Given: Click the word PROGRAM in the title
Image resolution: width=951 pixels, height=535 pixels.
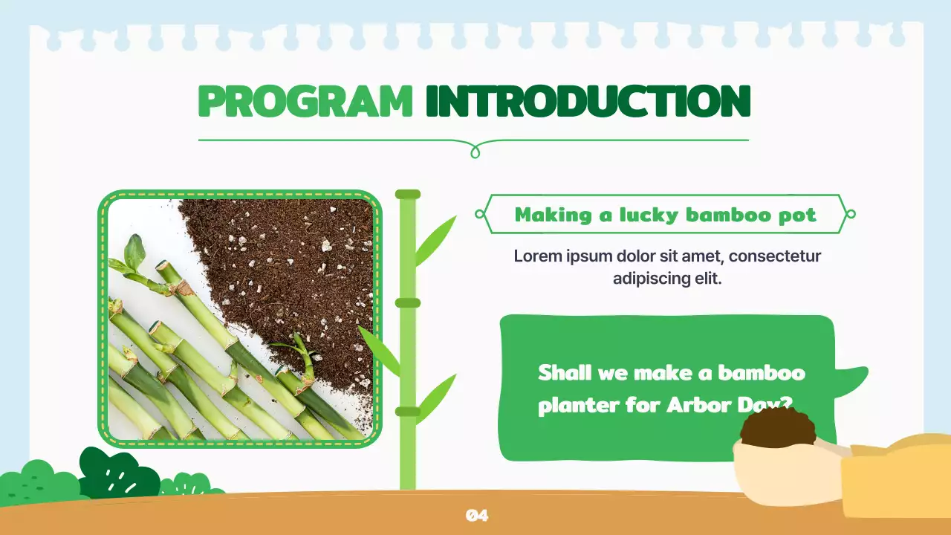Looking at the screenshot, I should pyautogui.click(x=305, y=101).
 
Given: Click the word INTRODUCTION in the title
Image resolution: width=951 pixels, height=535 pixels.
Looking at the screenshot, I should pyautogui.click(x=588, y=101).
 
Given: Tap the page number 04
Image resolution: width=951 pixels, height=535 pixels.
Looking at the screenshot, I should pyautogui.click(x=476, y=515).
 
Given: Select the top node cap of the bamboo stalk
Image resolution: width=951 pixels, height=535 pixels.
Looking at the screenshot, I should pyautogui.click(x=408, y=194).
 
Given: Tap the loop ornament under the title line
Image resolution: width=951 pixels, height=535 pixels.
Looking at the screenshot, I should pyautogui.click(x=475, y=152).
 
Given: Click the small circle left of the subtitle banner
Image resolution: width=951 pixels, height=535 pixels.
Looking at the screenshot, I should pyautogui.click(x=479, y=214).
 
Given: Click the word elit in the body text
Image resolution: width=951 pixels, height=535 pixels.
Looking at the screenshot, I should pyautogui.click(x=706, y=279).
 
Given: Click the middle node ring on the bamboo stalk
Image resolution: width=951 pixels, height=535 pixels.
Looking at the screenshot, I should pyautogui.click(x=408, y=302).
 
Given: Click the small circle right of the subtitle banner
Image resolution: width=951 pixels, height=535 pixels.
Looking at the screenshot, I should pyautogui.click(x=851, y=214).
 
